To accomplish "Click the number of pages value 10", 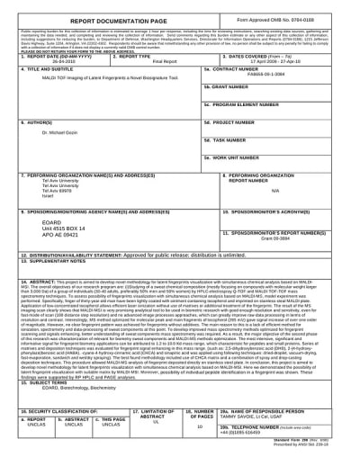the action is pyautogui.click(x=199, y=426).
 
